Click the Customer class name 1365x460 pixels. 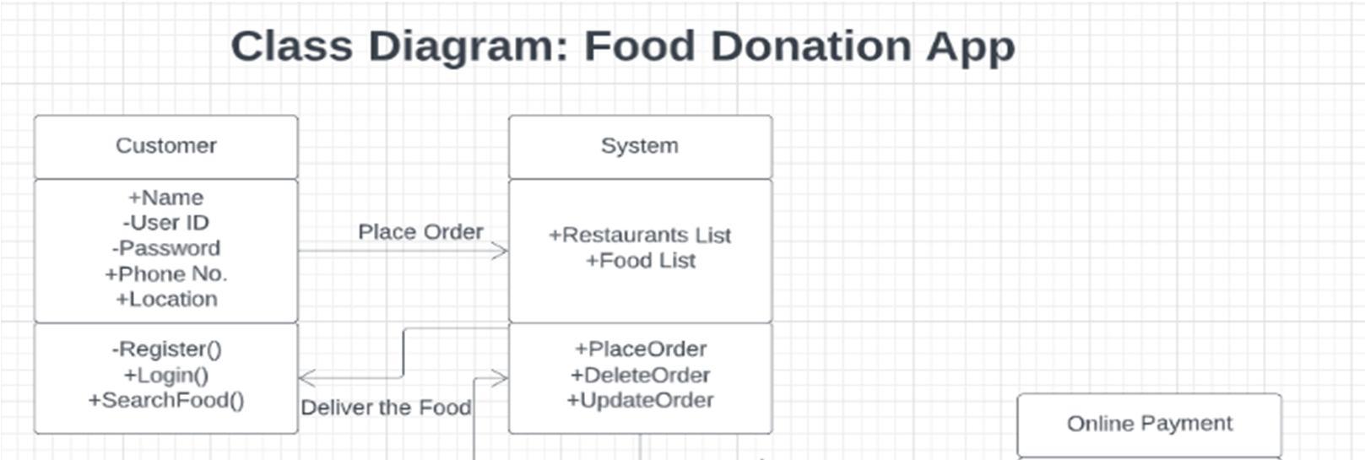(x=165, y=146)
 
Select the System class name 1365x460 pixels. (x=639, y=146)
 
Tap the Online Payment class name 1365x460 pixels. (x=1149, y=424)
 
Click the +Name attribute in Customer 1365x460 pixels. (x=165, y=198)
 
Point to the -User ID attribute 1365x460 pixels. (x=165, y=223)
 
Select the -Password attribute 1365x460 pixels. (x=165, y=248)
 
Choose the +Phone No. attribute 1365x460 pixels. (x=165, y=273)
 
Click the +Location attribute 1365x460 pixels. (x=165, y=299)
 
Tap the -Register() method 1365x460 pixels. (x=165, y=349)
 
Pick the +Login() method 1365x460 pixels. (x=165, y=375)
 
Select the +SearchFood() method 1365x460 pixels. (x=165, y=400)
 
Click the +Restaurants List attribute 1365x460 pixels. (x=639, y=235)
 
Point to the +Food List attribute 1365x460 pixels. (x=640, y=261)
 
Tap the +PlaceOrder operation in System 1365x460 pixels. (x=640, y=349)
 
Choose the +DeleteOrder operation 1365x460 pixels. (x=640, y=375)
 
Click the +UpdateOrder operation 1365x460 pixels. (x=640, y=400)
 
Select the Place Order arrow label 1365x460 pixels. (x=420, y=232)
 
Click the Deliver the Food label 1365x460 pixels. (x=386, y=408)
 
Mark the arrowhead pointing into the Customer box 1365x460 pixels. (x=306, y=377)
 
